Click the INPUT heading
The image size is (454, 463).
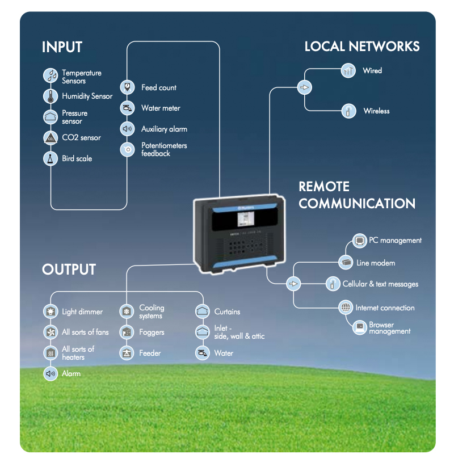point(62,47)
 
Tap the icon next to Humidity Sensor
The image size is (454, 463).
point(51,96)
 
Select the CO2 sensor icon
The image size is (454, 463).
point(51,138)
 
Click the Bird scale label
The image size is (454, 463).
point(77,159)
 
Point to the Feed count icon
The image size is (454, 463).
point(127,87)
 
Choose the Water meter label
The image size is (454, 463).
point(161,108)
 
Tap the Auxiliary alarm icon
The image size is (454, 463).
point(127,129)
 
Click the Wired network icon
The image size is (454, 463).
point(348,71)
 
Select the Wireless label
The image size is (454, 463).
point(376,111)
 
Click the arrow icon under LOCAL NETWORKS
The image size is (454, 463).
point(305,87)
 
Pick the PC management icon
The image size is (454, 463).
point(359,241)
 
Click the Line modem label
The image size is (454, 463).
point(375,263)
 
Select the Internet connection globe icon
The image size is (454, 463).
point(346,308)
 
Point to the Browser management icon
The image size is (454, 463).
point(359,328)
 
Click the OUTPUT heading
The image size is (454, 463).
point(69,270)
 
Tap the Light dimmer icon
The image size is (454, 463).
point(51,312)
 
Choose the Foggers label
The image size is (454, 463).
point(152,332)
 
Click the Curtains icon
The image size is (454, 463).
point(203,312)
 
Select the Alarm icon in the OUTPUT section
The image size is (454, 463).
point(51,373)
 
